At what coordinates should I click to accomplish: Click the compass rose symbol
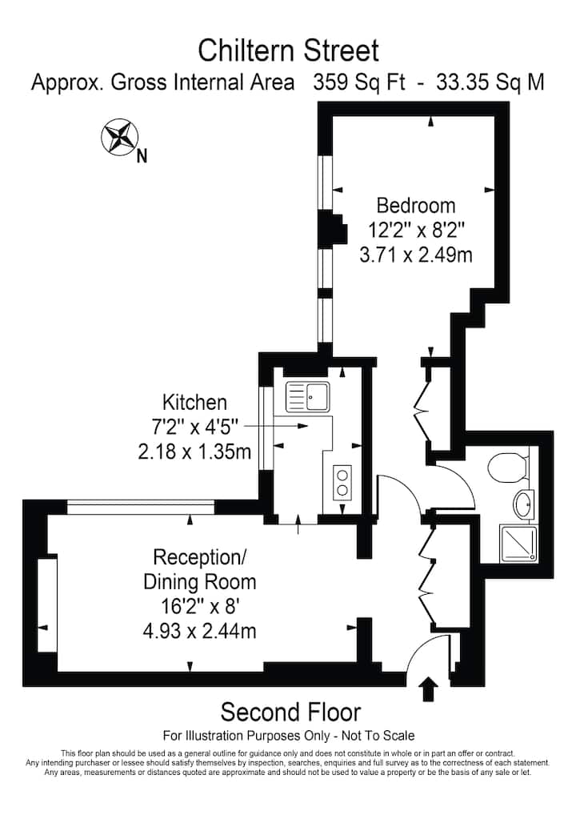119,137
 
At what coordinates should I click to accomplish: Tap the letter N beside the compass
142,156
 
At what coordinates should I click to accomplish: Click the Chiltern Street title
288,51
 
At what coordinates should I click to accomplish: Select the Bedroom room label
415,205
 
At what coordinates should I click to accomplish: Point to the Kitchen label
194,403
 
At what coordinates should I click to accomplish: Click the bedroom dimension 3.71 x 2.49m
416,255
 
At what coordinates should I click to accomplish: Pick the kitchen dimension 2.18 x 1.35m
194,452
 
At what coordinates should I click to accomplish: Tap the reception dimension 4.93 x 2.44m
199,631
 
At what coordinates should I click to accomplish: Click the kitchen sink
307,396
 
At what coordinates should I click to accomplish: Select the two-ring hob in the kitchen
342,483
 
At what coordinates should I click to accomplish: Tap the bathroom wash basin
524,504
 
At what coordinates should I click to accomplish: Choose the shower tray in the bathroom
518,544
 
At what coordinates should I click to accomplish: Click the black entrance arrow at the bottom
428,689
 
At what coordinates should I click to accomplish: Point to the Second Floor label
290,712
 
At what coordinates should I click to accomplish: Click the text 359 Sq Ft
359,82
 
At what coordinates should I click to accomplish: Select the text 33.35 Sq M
490,82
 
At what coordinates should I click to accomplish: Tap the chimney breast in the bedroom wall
333,227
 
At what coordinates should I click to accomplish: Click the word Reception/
200,557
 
